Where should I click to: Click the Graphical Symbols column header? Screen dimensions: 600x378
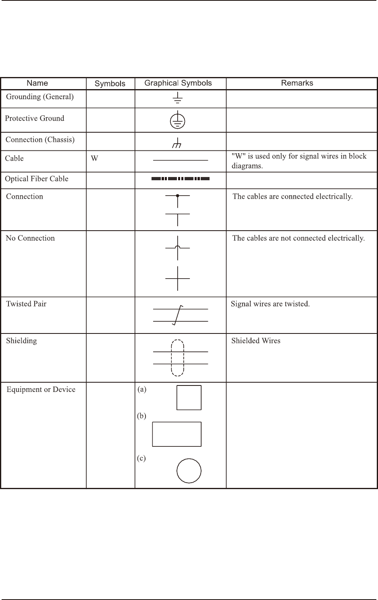pyautogui.click(x=178, y=83)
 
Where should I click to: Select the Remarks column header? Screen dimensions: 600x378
pyautogui.click(x=297, y=83)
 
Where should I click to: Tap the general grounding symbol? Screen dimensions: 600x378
pyautogui.click(x=178, y=98)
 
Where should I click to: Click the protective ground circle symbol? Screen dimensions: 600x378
pyautogui.click(x=178, y=120)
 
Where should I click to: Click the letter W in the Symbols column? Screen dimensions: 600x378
pyautogui.click(x=94, y=158)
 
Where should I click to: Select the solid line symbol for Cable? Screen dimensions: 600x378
pyautogui.click(x=181, y=160)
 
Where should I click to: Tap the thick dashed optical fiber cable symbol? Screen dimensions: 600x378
pyautogui.click(x=181, y=178)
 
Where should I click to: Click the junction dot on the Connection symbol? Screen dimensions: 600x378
pyautogui.click(x=178, y=196)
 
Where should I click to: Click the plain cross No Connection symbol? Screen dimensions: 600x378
pyautogui.click(x=178, y=278)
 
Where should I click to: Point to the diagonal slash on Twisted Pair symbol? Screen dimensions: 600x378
pyautogui.click(x=178, y=315)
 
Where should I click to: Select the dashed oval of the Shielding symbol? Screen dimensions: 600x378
pyautogui.click(x=178, y=358)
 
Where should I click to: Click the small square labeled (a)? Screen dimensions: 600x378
pyautogui.click(x=189, y=398)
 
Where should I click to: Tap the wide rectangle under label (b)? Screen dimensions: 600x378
pyautogui.click(x=177, y=434)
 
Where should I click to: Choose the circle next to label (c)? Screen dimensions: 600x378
pyautogui.click(x=189, y=471)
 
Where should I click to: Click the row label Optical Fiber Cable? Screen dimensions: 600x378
pyautogui.click(x=37, y=179)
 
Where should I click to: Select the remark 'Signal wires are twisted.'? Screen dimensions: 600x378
pyautogui.click(x=270, y=304)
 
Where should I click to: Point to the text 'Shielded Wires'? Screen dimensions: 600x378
pyautogui.click(x=256, y=341)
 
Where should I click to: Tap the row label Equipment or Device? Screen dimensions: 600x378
pyautogui.click(x=41, y=390)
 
